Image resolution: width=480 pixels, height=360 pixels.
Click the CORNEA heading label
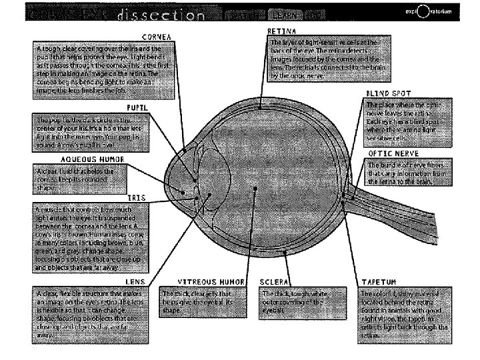(156, 36)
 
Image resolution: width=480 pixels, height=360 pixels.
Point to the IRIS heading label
(137, 198)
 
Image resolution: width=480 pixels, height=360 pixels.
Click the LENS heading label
(136, 282)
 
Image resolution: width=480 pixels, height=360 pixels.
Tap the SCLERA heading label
(273, 282)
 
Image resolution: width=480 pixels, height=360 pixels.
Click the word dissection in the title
(153, 13)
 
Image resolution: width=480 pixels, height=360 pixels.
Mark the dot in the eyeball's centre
(255, 189)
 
